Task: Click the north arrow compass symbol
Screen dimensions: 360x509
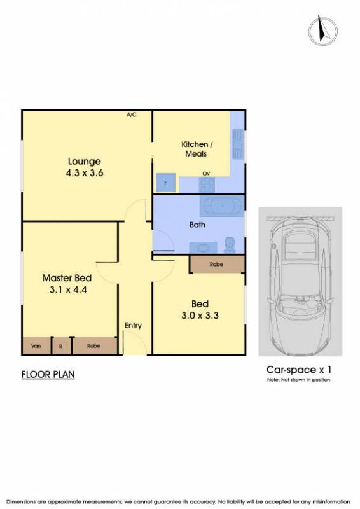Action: pyautogui.click(x=322, y=31)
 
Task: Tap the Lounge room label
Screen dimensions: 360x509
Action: pyautogui.click(x=85, y=162)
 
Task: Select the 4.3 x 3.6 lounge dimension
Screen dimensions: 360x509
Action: pyautogui.click(x=85, y=172)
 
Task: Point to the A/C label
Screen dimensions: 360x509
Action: pyautogui.click(x=132, y=115)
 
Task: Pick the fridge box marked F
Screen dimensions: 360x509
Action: pyautogui.click(x=165, y=183)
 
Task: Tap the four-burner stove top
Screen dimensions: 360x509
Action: pyautogui.click(x=207, y=185)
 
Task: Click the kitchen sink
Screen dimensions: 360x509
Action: pyautogui.click(x=238, y=144)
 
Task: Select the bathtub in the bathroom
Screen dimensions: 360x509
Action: pyautogui.click(x=222, y=206)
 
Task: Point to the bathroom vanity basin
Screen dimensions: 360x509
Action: pyautogui.click(x=203, y=248)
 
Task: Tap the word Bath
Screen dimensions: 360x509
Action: pyautogui.click(x=197, y=225)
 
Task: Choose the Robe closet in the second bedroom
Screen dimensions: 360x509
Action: pyautogui.click(x=217, y=264)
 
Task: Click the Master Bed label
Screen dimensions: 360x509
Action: pyautogui.click(x=67, y=278)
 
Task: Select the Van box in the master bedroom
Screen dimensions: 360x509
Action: pyautogui.click(x=36, y=346)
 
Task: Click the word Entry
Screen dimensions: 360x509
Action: pyautogui.click(x=133, y=326)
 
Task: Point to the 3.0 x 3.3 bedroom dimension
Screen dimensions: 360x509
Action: pyautogui.click(x=200, y=315)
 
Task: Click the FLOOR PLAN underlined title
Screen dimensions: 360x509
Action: pyautogui.click(x=48, y=375)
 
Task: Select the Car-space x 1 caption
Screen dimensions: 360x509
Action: pyautogui.click(x=299, y=370)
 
